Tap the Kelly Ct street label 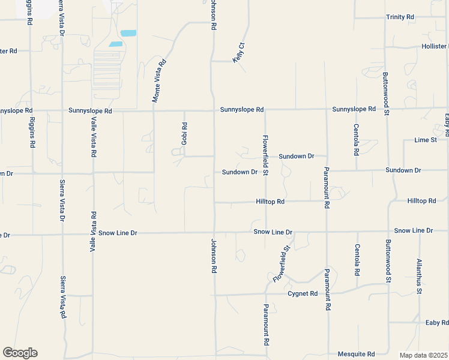click(x=240, y=52)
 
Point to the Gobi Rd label click(x=185, y=134)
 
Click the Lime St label click(x=426, y=140)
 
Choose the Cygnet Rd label click(x=302, y=293)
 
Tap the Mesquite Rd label click(x=356, y=354)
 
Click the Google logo click(x=20, y=353)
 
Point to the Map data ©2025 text click(x=423, y=355)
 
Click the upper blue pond click(x=128, y=33)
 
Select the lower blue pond click(x=115, y=44)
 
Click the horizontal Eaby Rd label click(x=436, y=323)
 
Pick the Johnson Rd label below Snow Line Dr click(x=213, y=256)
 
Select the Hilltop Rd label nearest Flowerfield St click(x=270, y=202)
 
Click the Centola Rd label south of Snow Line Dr click(x=357, y=259)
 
